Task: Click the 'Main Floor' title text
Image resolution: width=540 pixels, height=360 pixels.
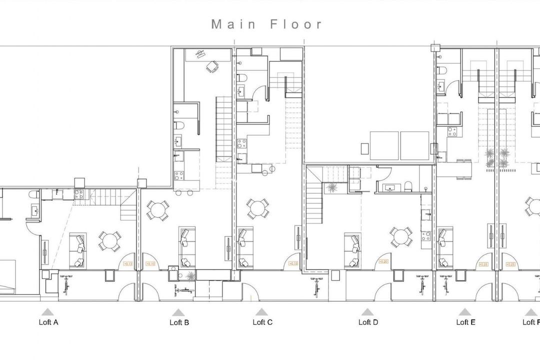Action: click(267, 24)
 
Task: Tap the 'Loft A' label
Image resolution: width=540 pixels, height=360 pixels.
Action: click(48, 322)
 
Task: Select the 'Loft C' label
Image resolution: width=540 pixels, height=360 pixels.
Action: click(262, 322)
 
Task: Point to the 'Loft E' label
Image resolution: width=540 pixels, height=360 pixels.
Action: click(465, 322)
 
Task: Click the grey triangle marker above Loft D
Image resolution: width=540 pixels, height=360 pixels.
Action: click(367, 311)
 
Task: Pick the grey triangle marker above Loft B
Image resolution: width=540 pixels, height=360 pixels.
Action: click(178, 311)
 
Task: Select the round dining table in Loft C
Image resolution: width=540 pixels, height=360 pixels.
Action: click(257, 209)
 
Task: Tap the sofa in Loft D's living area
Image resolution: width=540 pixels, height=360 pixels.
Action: click(352, 250)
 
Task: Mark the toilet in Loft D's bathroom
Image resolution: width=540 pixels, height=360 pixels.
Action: click(409, 186)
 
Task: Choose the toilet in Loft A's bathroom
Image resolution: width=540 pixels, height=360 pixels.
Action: click(33, 194)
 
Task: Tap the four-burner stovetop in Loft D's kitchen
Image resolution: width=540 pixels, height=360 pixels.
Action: click(426, 235)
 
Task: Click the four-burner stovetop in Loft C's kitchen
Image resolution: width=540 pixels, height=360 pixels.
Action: click(241, 143)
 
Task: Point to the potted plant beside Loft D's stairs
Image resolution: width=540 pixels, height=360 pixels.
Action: click(330, 187)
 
